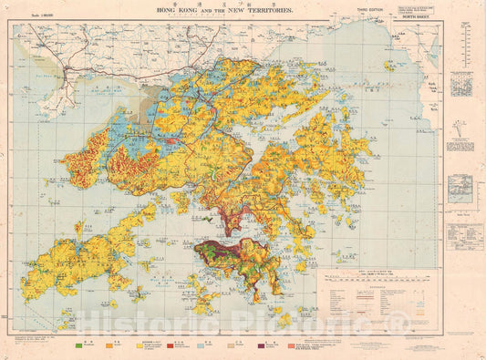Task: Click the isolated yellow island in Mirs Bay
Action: click(389, 66)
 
